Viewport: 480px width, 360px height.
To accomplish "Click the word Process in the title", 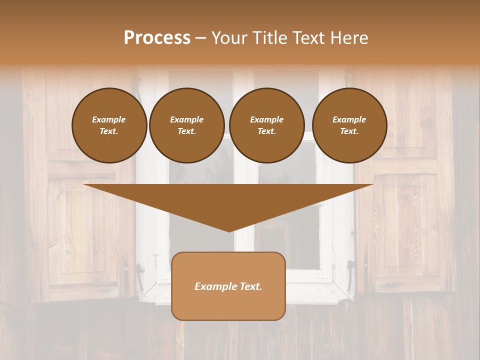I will pos(157,37).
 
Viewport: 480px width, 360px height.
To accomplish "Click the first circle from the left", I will pos(109,125).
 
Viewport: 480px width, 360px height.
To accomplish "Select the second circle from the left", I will pos(187,125).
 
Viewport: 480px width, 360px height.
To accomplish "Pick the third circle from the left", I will pos(267,125).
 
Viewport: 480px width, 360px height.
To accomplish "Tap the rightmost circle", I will pos(349,125).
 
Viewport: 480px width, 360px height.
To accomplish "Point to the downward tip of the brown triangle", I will pos(229,231).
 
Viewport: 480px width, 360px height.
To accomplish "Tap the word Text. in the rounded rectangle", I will pos(250,286).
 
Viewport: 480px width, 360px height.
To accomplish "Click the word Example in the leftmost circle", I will pos(109,119).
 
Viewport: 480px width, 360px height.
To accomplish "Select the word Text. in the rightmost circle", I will pos(349,131).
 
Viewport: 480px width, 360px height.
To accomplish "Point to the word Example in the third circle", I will pos(267,119).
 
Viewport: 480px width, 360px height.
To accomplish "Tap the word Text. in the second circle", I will pos(187,131).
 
